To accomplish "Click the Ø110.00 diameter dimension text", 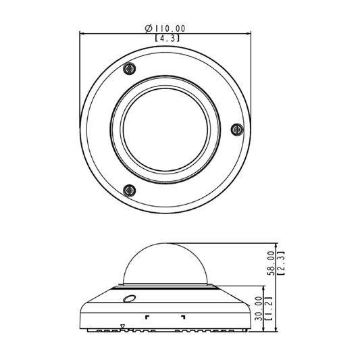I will tap(165, 28).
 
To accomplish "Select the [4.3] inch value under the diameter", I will tap(166, 38).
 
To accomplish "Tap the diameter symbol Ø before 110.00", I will tap(148, 28).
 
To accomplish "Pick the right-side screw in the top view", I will tap(236, 128).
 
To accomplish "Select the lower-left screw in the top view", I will tap(130, 190).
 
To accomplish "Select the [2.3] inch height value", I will tap(282, 263).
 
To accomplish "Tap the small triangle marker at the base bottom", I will tap(122, 327).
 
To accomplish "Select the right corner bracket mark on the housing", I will tap(182, 316).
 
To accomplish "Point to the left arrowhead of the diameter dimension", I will tap(83, 33).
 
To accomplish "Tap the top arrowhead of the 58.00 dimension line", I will tap(277, 245).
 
